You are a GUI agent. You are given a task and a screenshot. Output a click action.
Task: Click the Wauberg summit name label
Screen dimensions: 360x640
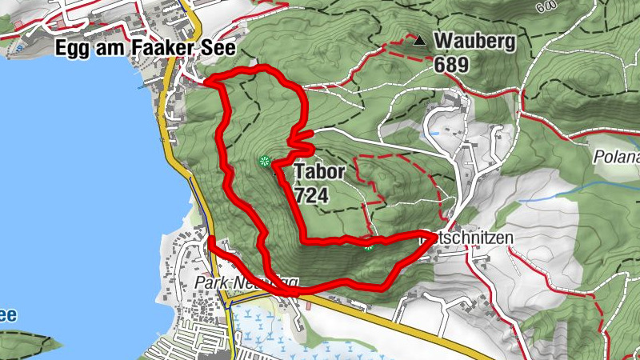point(474,41)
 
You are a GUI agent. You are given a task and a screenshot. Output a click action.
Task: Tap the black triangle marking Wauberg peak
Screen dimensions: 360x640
point(418,38)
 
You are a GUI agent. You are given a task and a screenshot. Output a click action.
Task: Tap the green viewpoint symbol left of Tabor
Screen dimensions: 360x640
point(263,162)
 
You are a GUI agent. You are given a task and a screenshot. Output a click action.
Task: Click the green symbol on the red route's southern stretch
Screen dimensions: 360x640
point(368,245)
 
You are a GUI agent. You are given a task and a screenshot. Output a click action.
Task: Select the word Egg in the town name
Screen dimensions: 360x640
point(69,48)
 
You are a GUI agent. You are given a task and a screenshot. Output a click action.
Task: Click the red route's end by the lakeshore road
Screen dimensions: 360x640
point(210,238)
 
